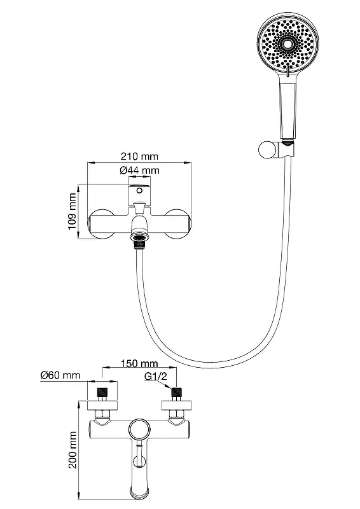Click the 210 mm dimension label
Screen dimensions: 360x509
tap(139, 157)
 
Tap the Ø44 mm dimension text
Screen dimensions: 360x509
tap(139, 170)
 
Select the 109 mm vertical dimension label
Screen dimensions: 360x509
tap(73, 212)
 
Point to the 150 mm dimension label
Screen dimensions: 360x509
tap(139, 363)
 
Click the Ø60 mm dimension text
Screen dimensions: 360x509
tap(60, 375)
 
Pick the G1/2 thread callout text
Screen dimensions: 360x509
tap(155, 377)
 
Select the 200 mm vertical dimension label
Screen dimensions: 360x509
tap(73, 450)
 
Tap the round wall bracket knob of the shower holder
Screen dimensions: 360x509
tap(268, 150)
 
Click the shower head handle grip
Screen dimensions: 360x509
tap(288, 109)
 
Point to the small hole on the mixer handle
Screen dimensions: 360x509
tap(139, 190)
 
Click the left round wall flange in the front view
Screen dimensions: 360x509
tap(101, 224)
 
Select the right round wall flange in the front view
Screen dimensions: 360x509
tap(178, 224)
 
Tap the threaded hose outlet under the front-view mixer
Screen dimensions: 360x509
tap(139, 240)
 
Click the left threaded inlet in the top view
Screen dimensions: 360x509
tap(102, 392)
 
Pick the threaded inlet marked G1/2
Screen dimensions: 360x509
tap(176, 392)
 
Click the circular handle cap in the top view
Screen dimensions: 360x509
tap(139, 431)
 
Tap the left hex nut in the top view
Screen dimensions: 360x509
tap(102, 414)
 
